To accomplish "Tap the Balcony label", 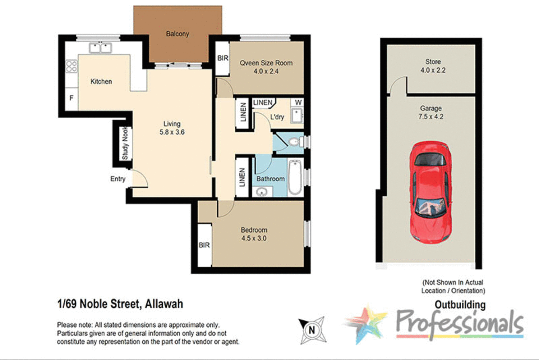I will pos(177,34).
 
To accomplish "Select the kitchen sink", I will pos(100,47).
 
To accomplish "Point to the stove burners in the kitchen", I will pos(71,66).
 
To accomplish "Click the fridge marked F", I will pos(72,98).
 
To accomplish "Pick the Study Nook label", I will pos(125,143).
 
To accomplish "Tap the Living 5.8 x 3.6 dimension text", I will pos(172,132).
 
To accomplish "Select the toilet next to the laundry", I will pos(295,142).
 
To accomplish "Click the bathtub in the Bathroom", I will pos(295,177).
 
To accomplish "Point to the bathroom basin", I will pos(262,192).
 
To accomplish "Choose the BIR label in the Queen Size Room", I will pos(223,58).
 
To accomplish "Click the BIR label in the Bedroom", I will pos(204,245).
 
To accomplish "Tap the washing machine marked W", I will pos(298,103).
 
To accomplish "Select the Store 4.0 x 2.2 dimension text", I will pos(433,70).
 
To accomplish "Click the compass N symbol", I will pos(312,330).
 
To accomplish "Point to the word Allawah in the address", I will pos(164,304).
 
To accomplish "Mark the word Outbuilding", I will pos(460,305).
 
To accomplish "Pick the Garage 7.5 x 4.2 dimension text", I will pos(430,117).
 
